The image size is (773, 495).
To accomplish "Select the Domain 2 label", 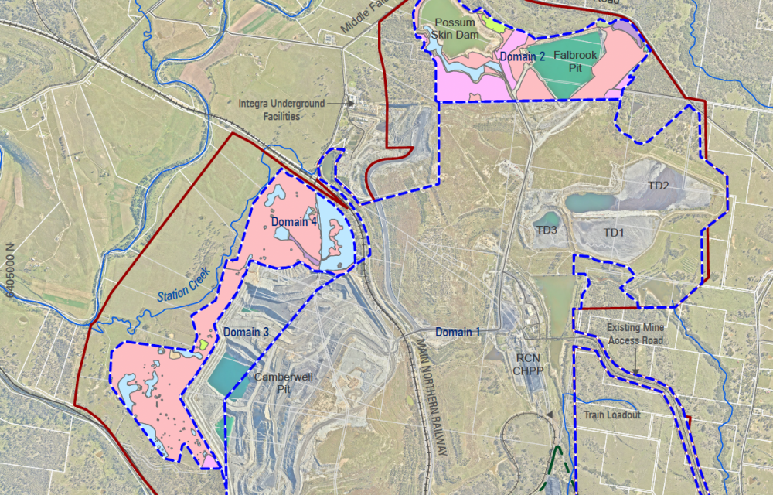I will coord(522,56).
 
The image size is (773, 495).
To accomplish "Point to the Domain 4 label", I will coord(294,222).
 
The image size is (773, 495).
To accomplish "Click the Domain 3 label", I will coord(246,333).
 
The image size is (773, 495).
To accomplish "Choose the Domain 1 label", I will coord(458,333).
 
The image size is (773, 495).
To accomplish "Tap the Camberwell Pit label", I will coord(283,383).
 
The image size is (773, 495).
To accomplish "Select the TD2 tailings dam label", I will coord(658,186).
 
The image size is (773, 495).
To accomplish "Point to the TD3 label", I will coord(547,230).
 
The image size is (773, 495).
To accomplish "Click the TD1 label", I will coord(614,232).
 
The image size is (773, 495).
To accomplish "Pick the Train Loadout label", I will coord(612,415).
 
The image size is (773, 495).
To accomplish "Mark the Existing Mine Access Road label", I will coord(635,333).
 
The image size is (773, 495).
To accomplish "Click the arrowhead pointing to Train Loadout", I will coord(550,415).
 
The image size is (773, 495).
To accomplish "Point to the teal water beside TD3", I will coord(547,219).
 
